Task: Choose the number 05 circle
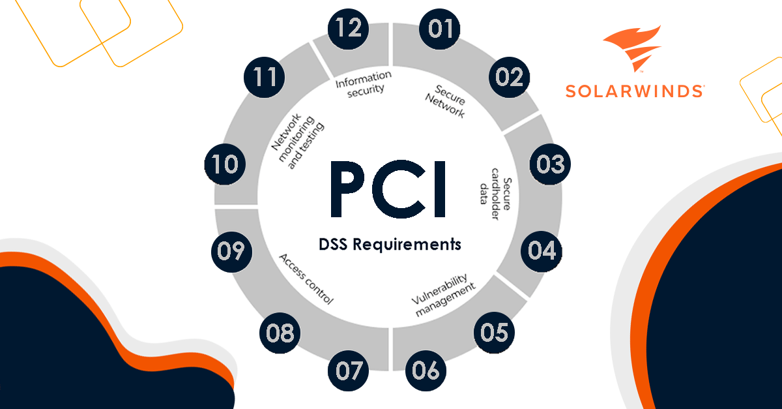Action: point(493,333)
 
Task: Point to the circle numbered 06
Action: point(426,371)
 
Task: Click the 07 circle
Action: point(349,371)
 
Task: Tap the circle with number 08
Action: point(280,333)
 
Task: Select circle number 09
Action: point(231,250)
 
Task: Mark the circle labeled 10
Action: point(225,164)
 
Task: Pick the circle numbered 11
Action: point(265,77)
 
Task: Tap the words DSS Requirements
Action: point(390,245)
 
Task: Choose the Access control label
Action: point(306,279)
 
